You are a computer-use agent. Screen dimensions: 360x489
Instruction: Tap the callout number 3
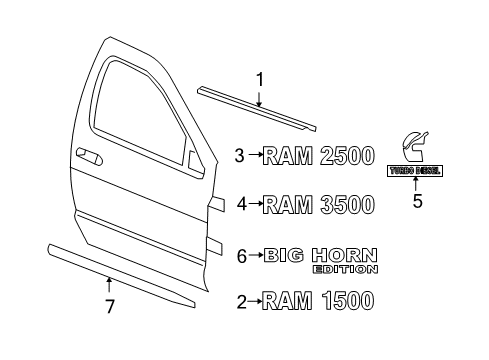[x=240, y=155]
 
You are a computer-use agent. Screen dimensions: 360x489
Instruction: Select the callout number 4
[x=240, y=204]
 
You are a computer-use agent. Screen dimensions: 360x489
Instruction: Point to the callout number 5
[x=418, y=201]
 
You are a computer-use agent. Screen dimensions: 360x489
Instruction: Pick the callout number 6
[x=241, y=255]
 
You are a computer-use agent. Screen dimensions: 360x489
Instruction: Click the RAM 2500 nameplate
[x=320, y=155]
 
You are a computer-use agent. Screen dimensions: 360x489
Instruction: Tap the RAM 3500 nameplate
[x=320, y=204]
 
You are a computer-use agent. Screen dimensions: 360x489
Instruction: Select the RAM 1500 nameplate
[x=320, y=299]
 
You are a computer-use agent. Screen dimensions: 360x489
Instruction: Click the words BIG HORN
[x=321, y=254]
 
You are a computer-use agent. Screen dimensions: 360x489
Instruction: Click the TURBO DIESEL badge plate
[x=418, y=171]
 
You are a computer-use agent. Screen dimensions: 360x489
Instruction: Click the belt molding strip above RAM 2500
[x=255, y=106]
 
